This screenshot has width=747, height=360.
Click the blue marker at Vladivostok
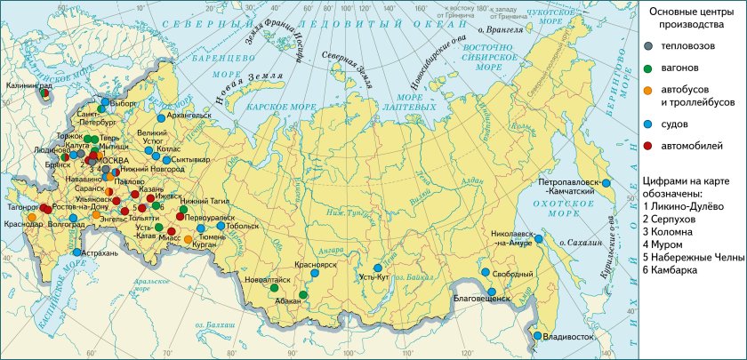538,335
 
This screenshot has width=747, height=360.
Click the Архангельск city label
189,115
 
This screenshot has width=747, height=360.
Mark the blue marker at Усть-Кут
377,268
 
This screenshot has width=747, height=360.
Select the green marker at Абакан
303,294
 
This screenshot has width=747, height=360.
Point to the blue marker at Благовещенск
491,292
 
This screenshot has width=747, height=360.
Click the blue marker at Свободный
486,273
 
